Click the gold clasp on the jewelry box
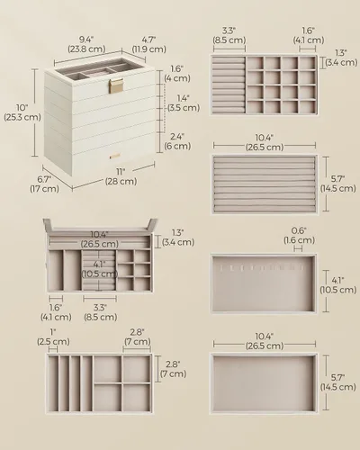click(x=116, y=85)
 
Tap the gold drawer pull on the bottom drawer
click(x=114, y=156)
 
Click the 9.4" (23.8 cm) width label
click(x=86, y=44)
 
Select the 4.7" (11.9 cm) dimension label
click(x=148, y=44)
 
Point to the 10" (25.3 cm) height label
click(x=22, y=112)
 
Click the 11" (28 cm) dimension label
click(x=121, y=176)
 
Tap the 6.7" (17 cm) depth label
click(x=44, y=184)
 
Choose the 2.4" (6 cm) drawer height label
click(x=177, y=141)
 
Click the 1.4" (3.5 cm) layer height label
click(x=184, y=103)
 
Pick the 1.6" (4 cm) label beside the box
click(x=177, y=74)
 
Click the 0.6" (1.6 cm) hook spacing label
click(x=299, y=236)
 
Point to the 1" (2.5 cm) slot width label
click(x=53, y=337)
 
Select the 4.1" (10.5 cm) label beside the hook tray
click(x=338, y=285)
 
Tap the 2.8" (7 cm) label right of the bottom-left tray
click(x=173, y=369)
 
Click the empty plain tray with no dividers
click(x=264, y=383)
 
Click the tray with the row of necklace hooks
click(x=264, y=283)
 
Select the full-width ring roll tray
click(x=265, y=184)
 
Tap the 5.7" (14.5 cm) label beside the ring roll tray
click(x=338, y=184)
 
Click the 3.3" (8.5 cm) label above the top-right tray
click(x=229, y=35)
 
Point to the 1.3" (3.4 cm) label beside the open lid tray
click(x=178, y=238)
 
